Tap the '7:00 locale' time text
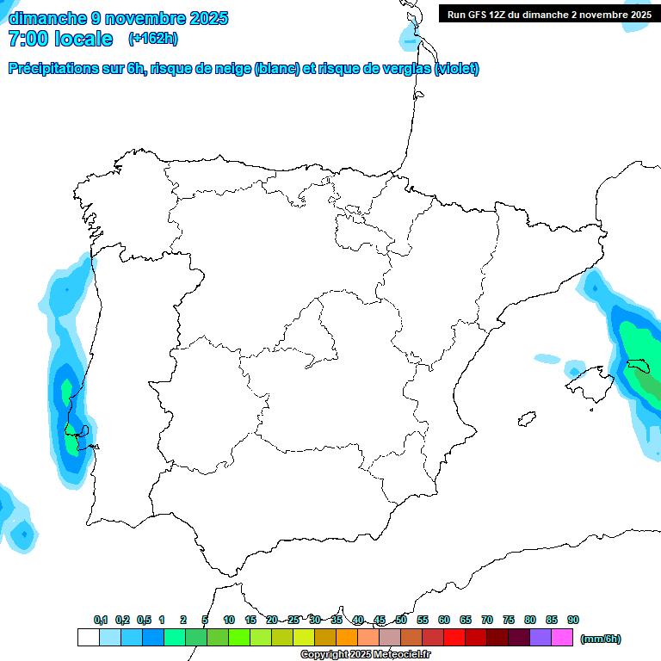(x=60, y=39)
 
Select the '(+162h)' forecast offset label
(x=153, y=39)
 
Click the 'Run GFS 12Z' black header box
(x=549, y=14)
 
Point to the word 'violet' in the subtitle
(x=456, y=69)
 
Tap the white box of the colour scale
(x=88, y=638)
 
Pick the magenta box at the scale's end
(x=562, y=638)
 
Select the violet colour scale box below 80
(x=541, y=638)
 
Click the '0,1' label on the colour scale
(x=101, y=620)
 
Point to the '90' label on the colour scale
(x=573, y=620)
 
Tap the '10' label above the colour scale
(x=229, y=620)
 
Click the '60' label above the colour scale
(x=444, y=620)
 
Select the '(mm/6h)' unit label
(x=601, y=639)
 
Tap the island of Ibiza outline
(x=525, y=419)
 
